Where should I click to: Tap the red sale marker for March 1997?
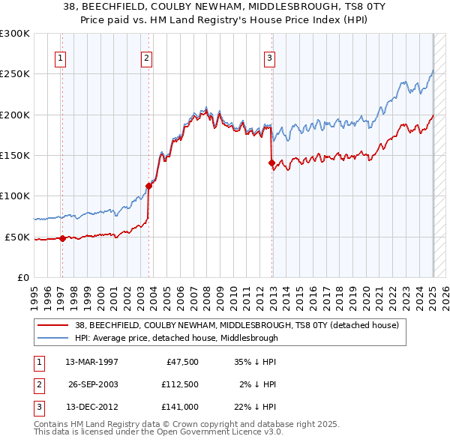point(62,238)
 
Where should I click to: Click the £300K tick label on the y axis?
point(15,34)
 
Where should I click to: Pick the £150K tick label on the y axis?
point(15,155)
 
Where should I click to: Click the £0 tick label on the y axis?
point(22,277)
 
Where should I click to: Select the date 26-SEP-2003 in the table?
point(93,384)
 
